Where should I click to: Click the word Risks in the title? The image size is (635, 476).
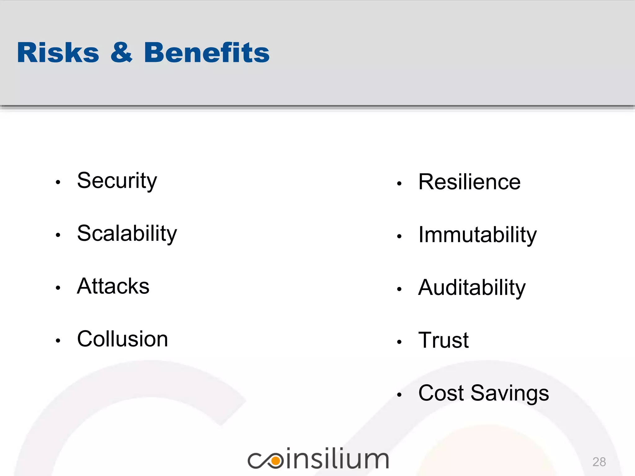(58, 53)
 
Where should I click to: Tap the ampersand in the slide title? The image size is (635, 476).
(121, 53)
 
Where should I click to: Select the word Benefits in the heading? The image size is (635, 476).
(207, 53)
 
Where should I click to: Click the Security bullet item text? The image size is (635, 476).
(117, 181)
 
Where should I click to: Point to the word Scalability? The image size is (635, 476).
(127, 234)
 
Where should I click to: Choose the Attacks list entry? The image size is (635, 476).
(113, 286)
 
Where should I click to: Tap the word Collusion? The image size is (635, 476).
(122, 339)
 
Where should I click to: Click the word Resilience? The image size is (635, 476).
(469, 182)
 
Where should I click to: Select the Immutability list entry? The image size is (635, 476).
(477, 235)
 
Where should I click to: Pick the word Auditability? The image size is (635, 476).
(472, 288)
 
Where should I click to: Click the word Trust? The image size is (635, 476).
(443, 340)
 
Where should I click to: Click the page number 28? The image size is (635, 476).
(599, 462)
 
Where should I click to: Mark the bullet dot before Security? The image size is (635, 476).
(58, 182)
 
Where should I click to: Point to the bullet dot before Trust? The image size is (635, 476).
(399, 342)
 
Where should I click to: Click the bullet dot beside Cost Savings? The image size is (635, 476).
(399, 395)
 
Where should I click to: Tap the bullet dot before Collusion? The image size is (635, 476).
(58, 341)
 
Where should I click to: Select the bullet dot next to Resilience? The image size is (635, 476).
(399, 183)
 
